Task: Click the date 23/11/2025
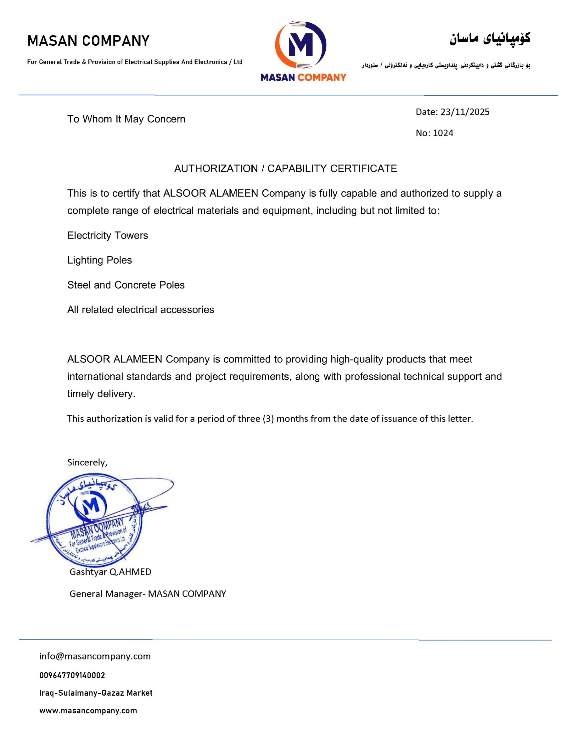click(465, 112)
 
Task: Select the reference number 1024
click(443, 133)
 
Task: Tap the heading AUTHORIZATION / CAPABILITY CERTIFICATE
click(285, 168)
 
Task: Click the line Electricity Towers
click(107, 235)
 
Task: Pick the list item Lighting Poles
click(99, 260)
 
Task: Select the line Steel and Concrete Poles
click(126, 285)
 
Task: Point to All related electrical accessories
click(141, 310)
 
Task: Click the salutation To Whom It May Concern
click(126, 119)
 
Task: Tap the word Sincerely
click(87, 462)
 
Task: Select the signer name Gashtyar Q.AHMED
click(110, 572)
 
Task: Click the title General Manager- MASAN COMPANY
click(148, 594)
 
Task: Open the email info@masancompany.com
click(95, 656)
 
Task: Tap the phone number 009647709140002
click(72, 675)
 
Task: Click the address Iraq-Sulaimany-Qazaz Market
click(96, 693)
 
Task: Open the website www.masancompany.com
click(88, 710)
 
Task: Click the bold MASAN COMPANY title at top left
click(88, 41)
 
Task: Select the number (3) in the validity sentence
click(268, 419)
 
